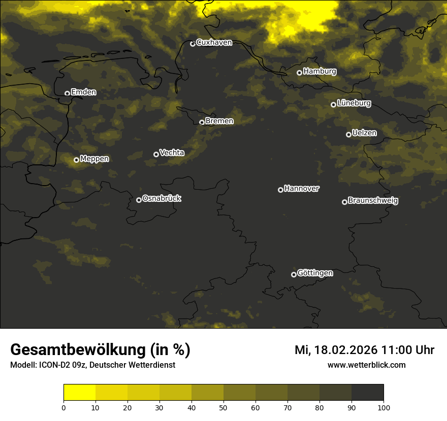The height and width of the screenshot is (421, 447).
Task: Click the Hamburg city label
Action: point(320,72)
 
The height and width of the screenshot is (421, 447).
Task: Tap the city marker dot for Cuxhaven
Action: point(193,44)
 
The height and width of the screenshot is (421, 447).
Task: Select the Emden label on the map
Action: point(83,92)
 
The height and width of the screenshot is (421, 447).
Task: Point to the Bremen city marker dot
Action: point(202,122)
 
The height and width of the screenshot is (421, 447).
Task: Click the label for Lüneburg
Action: point(354,103)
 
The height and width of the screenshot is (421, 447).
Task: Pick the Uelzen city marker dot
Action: point(348,134)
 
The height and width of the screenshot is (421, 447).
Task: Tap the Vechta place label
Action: point(172,153)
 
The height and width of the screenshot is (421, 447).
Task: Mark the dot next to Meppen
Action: point(76,160)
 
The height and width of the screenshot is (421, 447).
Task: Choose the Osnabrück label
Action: point(162,198)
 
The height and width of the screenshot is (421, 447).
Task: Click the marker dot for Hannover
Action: point(280,190)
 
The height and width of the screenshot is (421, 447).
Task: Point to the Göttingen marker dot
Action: point(294,274)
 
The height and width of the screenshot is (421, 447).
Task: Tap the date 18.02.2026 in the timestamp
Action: point(345,350)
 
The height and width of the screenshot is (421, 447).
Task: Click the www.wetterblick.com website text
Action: point(366,365)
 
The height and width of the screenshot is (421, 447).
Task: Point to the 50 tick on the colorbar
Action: point(223,407)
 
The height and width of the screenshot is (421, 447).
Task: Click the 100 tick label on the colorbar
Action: point(384,407)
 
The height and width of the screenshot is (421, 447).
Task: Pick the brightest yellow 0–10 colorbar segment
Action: point(79,393)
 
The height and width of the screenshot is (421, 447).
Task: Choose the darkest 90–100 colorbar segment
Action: point(367,393)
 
